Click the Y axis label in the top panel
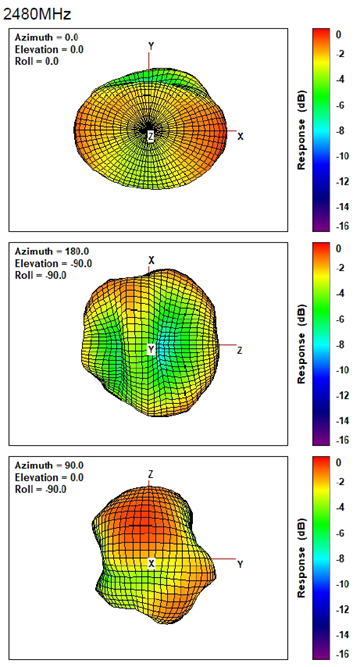[151, 46]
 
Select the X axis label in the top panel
[241, 134]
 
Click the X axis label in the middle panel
[151, 260]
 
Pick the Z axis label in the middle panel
[240, 350]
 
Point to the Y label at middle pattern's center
[151, 350]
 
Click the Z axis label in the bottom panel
[150, 474]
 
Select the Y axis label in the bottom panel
[240, 565]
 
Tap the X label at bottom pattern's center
[151, 564]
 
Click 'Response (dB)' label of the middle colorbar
[301, 340]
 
